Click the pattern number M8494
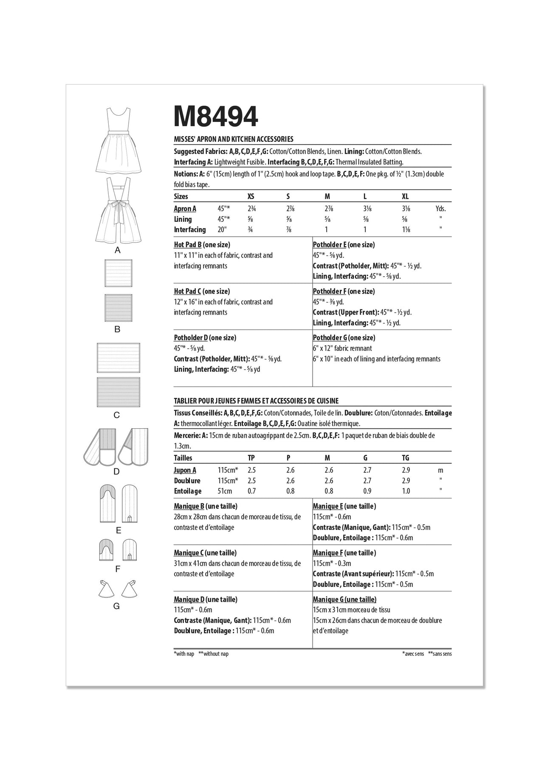point(216,116)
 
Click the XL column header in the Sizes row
point(405,196)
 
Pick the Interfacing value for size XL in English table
point(406,229)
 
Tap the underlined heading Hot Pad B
point(187,245)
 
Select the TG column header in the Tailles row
point(406,458)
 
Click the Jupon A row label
point(185,470)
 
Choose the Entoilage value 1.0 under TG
point(406,491)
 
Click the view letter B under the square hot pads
point(118,329)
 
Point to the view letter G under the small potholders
point(117,606)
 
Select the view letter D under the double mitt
point(117,472)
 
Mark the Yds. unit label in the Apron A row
point(441,209)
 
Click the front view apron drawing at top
point(118,140)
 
